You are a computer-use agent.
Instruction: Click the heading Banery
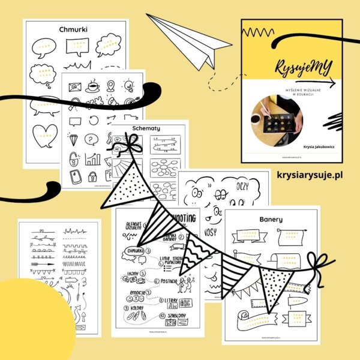[271, 220]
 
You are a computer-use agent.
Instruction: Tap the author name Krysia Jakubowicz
[301, 146]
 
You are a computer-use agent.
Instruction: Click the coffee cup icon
[93, 86]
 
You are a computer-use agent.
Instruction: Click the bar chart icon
[92, 159]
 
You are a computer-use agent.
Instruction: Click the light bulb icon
[128, 85]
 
